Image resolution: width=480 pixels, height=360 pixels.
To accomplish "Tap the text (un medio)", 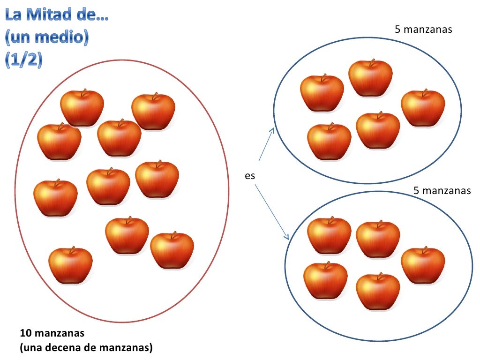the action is pos(46,38).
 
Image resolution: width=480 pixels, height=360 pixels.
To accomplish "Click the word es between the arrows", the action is pos(250,176).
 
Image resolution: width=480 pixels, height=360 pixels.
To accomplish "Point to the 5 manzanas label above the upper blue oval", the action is pos(423,30).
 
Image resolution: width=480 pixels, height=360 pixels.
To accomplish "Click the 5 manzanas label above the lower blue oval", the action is pos(442,191).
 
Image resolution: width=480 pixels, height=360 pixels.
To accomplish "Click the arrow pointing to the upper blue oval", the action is pos(266,145).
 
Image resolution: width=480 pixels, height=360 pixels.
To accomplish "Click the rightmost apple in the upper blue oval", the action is pos(423,108).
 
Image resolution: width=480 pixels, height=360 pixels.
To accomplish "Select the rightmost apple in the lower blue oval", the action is pos(423,266).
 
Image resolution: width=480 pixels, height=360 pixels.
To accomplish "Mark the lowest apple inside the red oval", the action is pos(70,266).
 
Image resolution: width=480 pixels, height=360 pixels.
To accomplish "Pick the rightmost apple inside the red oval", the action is pos(172,251).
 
